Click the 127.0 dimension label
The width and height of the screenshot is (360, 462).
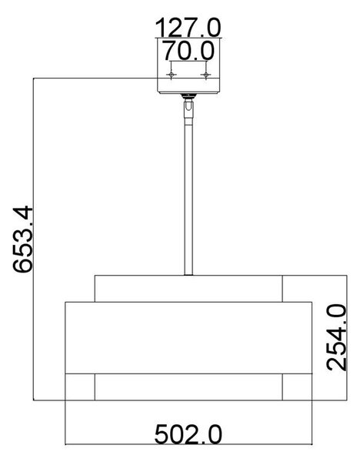click(x=188, y=28)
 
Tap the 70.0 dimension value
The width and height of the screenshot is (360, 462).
click(x=188, y=51)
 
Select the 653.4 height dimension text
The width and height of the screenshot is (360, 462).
click(x=23, y=239)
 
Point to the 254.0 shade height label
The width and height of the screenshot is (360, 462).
click(x=336, y=338)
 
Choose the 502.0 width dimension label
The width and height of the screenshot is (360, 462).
click(x=188, y=434)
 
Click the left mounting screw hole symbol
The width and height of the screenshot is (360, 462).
click(x=172, y=75)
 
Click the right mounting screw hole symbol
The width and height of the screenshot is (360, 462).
click(x=205, y=75)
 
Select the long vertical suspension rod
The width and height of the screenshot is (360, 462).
click(x=188, y=196)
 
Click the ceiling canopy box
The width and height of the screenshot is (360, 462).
click(x=188, y=65)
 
